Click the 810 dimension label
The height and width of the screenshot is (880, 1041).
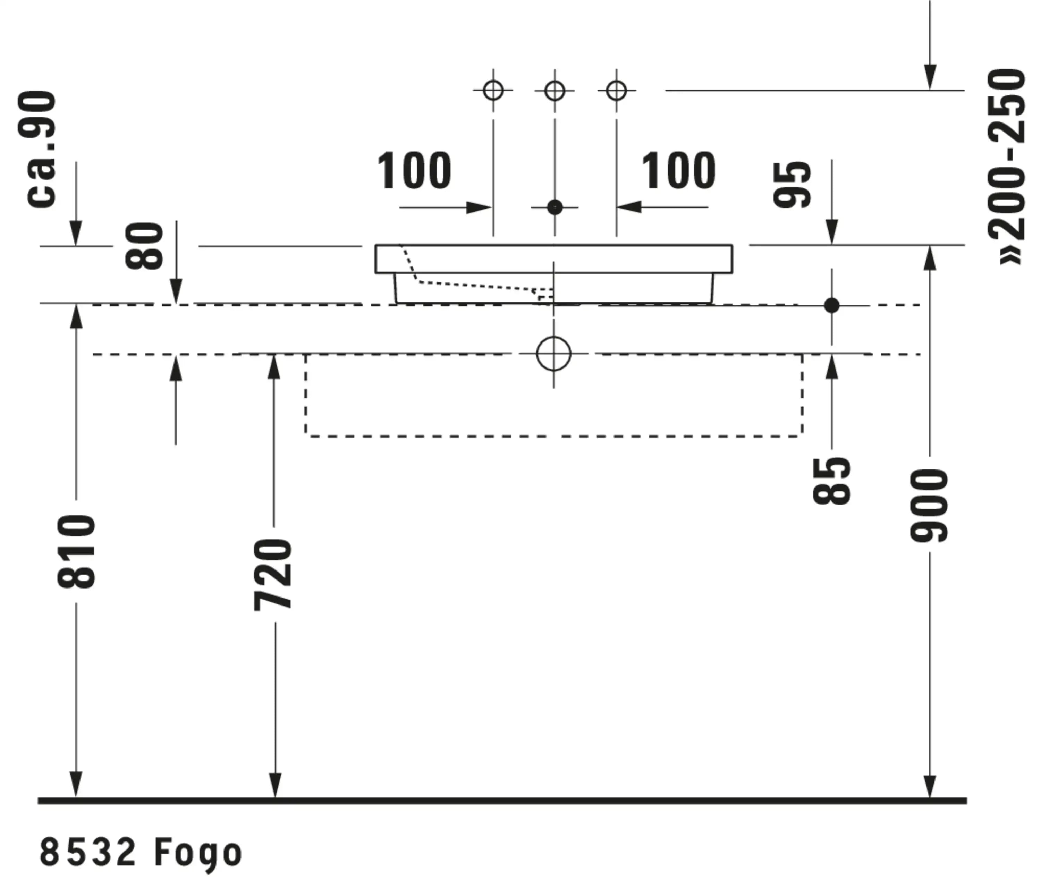76,551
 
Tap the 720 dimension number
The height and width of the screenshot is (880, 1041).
273,574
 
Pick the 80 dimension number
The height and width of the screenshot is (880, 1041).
145,246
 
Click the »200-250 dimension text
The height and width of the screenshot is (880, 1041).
1006,167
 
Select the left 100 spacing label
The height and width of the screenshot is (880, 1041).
414,171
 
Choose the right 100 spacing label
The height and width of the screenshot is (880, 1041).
678,171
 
